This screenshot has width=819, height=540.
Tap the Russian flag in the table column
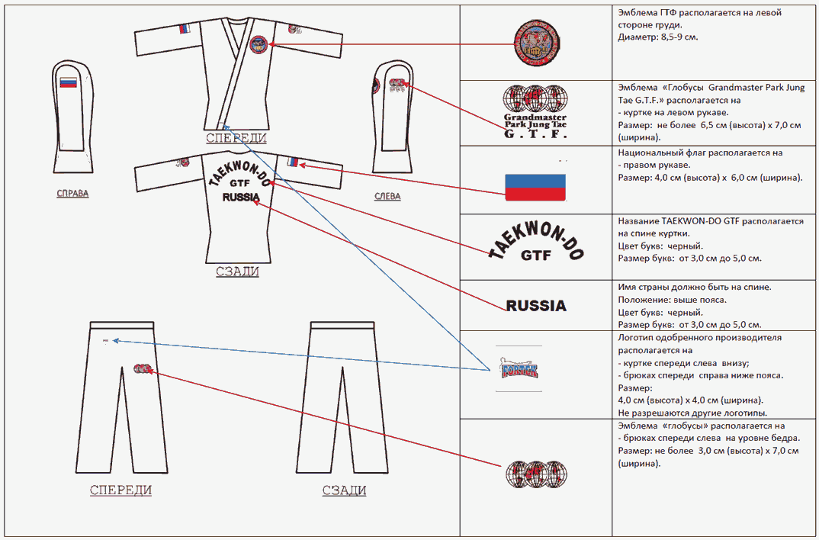point(535,188)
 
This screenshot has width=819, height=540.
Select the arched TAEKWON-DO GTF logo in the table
point(536,246)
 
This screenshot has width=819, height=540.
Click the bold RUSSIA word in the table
point(536,306)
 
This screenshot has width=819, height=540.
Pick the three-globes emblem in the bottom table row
point(535,474)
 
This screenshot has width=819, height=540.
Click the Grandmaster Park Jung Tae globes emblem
point(536,111)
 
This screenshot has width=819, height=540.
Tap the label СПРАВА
point(72,193)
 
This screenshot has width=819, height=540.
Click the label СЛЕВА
point(387,196)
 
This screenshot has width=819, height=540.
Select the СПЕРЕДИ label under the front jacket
point(236,138)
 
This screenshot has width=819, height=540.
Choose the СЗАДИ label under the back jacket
point(236,271)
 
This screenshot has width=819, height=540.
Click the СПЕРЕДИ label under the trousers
point(120,490)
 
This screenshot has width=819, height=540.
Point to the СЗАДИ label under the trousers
point(344,490)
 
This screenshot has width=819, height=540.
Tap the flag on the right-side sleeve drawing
point(69,82)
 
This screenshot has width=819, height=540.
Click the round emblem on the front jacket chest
point(258,45)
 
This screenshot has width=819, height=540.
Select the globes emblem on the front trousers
point(142,369)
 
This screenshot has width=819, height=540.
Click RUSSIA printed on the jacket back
point(240,197)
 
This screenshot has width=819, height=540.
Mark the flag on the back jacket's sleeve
point(292,162)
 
